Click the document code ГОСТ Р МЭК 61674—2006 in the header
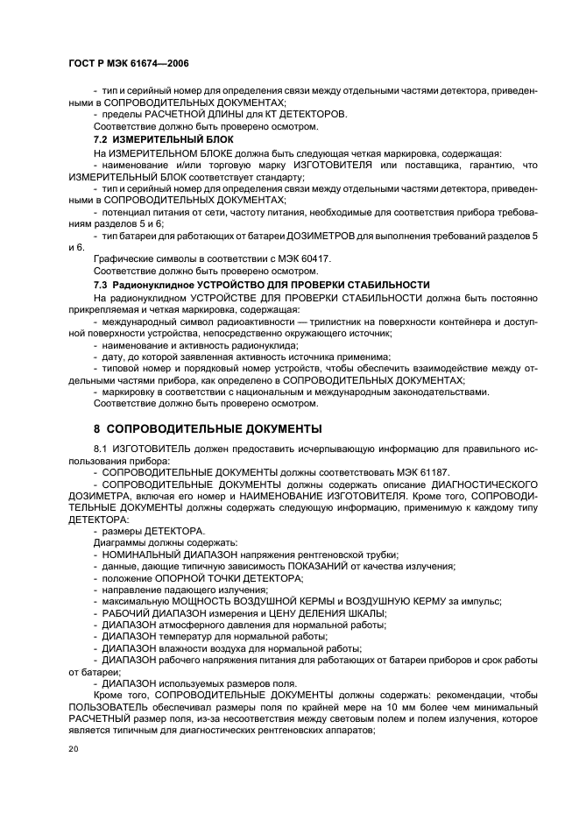pyautogui.click(x=128, y=65)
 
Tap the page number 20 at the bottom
pyautogui.click(x=74, y=749)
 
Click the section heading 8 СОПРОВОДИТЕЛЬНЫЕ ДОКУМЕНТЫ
pyautogui.click(x=208, y=428)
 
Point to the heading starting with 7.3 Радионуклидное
pyautogui.click(x=262, y=285)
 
